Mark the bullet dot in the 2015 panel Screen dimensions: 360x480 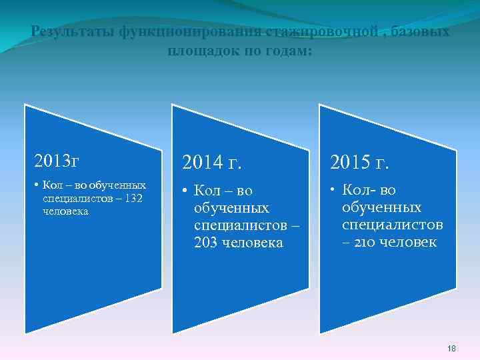(333, 191)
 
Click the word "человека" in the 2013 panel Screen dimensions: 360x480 (66, 211)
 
